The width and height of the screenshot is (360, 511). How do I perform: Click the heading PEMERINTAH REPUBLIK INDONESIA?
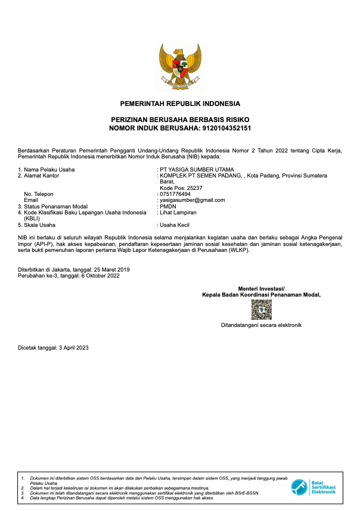[180, 104]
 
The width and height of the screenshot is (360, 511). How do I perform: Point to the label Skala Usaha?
[39, 225]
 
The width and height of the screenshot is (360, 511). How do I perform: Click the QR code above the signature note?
[261, 310]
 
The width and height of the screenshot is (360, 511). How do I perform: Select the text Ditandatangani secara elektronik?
[261, 325]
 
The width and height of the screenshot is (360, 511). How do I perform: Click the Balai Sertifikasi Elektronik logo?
[314, 488]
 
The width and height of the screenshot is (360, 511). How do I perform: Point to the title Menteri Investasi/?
[261, 288]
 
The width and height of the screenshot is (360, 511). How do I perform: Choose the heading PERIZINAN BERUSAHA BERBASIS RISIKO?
[180, 120]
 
